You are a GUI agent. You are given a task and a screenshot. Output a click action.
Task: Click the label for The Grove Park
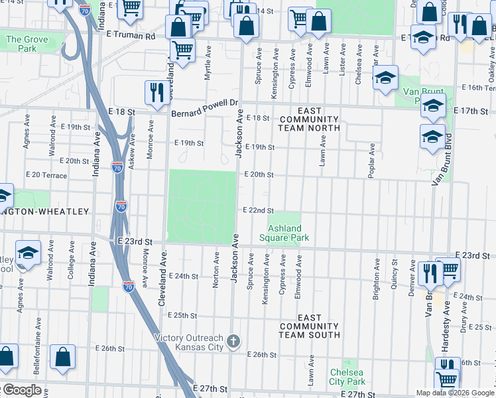click(x=27, y=44)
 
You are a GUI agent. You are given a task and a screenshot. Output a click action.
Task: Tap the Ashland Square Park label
click(x=284, y=233)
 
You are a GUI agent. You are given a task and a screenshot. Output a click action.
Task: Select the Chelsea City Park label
click(x=347, y=377)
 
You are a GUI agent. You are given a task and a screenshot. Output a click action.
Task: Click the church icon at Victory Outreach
click(x=233, y=342)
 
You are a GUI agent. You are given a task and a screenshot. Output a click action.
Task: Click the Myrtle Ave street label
click(x=208, y=67)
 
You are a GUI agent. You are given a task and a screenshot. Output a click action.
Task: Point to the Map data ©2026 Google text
click(x=454, y=393)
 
